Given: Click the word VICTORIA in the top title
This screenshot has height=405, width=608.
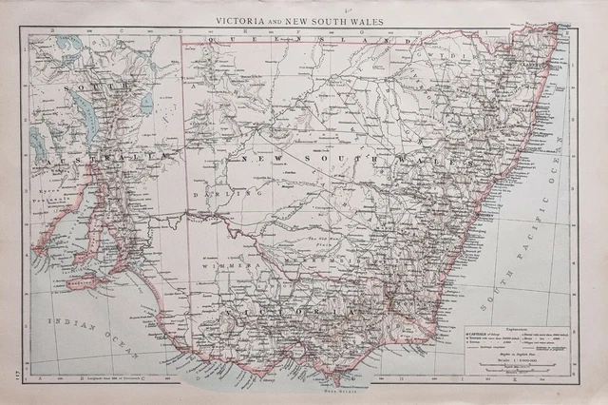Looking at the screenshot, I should coord(250,18).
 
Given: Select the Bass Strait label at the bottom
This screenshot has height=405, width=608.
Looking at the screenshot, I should coord(330,388).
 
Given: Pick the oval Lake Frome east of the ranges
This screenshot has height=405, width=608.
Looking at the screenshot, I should coord(145,101).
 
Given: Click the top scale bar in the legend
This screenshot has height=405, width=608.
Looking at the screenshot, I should coord(514,374).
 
